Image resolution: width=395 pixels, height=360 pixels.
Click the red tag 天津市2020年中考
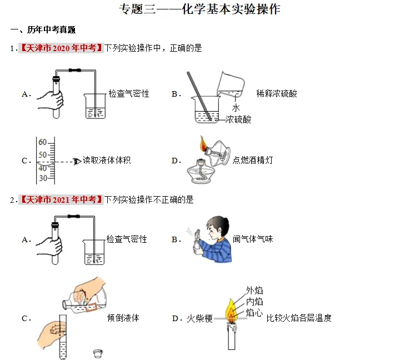tap(62, 48)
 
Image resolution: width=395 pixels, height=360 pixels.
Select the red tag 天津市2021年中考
tap(62, 199)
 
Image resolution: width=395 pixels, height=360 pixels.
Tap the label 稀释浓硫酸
tap(277, 93)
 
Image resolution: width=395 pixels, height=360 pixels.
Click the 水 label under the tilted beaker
tap(236, 108)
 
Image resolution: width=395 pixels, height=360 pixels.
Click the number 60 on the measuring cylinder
tap(42, 142)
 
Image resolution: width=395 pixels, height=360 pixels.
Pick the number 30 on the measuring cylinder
tap(42, 178)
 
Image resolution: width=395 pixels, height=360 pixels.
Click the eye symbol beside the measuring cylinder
tap(76, 161)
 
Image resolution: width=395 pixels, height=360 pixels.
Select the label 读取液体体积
tap(107, 161)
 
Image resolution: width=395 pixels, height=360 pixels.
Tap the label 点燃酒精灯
tap(253, 161)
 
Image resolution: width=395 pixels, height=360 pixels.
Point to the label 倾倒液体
tap(123, 318)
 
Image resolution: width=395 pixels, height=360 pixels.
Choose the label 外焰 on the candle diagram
tap(254, 290)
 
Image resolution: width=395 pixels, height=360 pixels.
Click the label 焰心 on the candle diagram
tap(254, 313)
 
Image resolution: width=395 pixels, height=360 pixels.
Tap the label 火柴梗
tap(200, 319)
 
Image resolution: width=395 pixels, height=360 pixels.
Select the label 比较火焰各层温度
tap(299, 318)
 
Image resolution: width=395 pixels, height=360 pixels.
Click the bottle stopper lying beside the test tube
tap(98, 352)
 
